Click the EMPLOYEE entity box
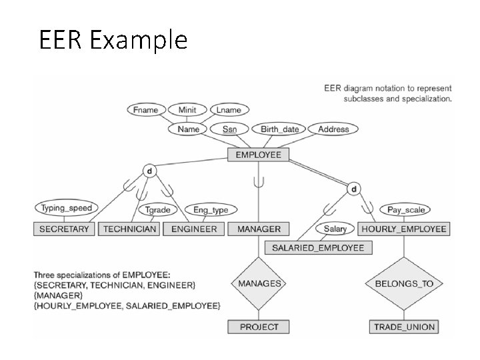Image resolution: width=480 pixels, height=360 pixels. tap(259, 155)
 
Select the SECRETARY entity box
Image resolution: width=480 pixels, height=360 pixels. tap(64, 229)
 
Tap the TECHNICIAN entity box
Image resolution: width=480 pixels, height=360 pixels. tap(130, 229)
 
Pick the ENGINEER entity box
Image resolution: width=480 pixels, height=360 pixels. tap(194, 229)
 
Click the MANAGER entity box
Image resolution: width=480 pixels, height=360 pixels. tap(259, 229)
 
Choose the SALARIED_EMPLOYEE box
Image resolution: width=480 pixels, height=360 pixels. tap(318, 247)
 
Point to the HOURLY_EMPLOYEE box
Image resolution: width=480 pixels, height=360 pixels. tap(403, 229)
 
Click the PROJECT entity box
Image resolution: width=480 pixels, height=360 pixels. tap(259, 327)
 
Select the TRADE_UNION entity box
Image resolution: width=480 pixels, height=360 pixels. tap(404, 327)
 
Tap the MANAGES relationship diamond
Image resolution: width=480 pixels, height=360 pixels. tap(259, 283)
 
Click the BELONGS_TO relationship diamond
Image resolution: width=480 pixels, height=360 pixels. tap(404, 283)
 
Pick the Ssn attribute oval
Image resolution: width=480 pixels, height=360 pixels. tap(229, 129)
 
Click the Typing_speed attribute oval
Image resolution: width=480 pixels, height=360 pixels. tap(67, 208)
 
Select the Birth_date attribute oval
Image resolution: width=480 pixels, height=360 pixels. tap(280, 129)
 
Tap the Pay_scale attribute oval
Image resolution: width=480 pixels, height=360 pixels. tap(405, 210)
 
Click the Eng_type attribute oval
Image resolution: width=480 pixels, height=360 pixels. tap(210, 210)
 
